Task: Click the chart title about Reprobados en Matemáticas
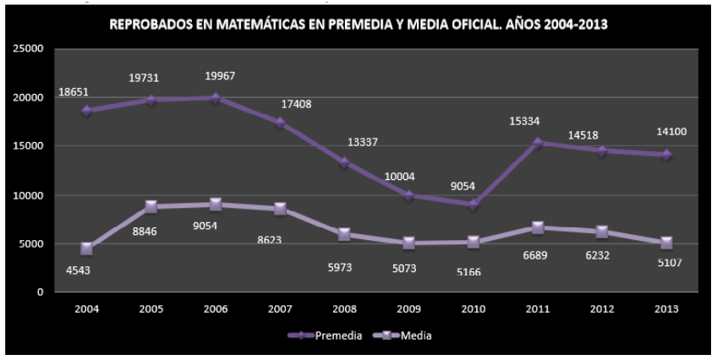click(359, 26)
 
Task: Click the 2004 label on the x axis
click(86, 309)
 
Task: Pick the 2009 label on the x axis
click(408, 309)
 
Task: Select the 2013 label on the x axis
click(666, 309)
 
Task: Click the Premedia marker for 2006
click(216, 98)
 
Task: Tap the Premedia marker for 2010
click(473, 205)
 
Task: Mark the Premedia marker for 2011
click(538, 143)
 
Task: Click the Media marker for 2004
click(86, 248)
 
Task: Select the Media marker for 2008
click(344, 234)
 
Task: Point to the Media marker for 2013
click(666, 243)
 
